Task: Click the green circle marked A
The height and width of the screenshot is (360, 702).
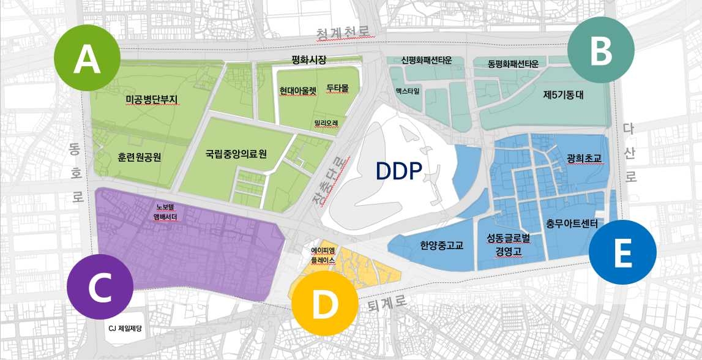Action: pos(86,60)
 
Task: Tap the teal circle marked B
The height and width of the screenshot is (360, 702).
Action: pos(600,51)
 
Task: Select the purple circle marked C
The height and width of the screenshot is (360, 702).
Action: pos(99,288)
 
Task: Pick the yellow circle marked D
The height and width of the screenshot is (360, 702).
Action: pos(324,304)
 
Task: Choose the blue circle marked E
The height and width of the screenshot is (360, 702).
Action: pos(622,252)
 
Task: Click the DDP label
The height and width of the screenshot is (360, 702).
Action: pos(399,171)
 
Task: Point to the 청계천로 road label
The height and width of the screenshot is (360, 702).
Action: pos(343,32)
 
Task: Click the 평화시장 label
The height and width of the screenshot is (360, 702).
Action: pos(309,60)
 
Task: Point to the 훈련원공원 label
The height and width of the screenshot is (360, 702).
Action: pos(139,156)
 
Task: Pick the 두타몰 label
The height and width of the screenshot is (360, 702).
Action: pos(337,88)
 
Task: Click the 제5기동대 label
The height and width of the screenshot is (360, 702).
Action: pos(564,95)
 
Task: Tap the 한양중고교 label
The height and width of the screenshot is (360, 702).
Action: pos(441,246)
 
